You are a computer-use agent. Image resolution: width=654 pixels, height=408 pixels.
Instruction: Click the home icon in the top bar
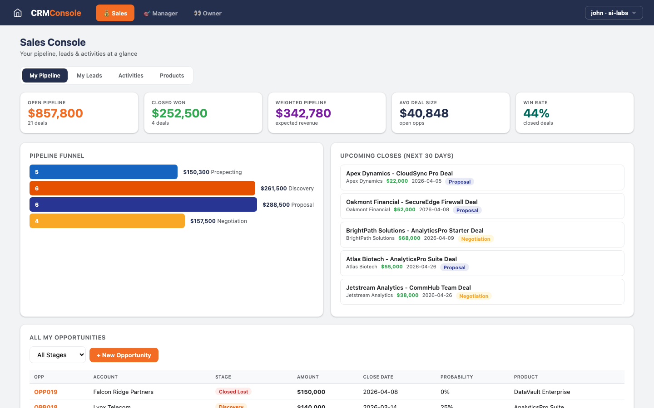[18, 13]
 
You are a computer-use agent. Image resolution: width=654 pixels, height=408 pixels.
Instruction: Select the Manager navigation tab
[161, 13]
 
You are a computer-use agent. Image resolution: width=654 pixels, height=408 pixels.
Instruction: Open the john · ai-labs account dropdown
[614, 13]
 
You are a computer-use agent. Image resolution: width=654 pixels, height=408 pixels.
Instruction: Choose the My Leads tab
[89, 76]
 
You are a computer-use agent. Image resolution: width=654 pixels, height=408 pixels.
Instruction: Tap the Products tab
[172, 76]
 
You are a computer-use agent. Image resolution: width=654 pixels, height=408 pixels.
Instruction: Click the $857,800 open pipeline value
[55, 113]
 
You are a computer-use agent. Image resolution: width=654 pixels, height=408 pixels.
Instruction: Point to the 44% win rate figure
[536, 113]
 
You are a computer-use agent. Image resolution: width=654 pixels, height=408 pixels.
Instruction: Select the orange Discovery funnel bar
[142, 188]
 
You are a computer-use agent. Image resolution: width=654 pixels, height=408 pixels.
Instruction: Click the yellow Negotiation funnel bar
[107, 221]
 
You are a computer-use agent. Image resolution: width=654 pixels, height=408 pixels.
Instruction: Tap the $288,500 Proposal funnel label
[288, 205]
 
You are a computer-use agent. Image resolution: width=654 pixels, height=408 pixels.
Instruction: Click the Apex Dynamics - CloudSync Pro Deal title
[399, 173]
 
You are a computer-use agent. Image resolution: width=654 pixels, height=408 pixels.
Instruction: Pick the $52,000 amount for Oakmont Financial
[404, 209]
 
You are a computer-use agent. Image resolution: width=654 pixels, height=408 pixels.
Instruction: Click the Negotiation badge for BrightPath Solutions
[476, 239]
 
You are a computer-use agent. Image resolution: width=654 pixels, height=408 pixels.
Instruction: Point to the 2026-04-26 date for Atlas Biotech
[421, 267]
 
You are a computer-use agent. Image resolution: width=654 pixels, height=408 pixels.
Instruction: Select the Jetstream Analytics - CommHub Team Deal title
[408, 287]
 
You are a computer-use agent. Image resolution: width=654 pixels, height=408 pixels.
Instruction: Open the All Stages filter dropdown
[58, 355]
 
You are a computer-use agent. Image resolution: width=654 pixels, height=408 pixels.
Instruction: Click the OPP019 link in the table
[46, 392]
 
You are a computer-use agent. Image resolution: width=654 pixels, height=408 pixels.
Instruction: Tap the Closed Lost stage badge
[233, 392]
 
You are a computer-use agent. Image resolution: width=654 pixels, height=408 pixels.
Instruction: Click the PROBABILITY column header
[456, 377]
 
